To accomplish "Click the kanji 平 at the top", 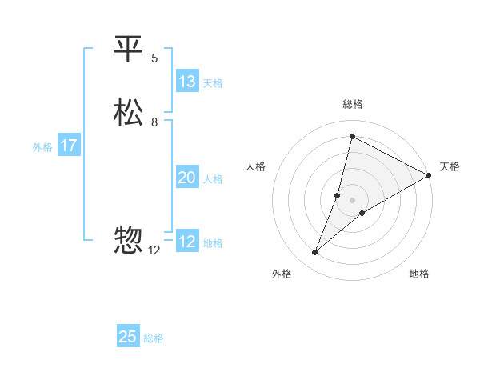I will (129, 50).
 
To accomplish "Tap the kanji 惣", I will (129, 241).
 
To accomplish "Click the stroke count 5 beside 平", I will (154, 58).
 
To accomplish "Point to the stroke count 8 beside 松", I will (154, 122).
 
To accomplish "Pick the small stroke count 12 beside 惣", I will (154, 250).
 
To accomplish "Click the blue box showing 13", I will (186, 82).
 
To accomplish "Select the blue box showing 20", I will (186, 178).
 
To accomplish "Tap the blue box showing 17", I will (69, 146).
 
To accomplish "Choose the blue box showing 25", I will (128, 337).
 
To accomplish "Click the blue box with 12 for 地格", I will (186, 242).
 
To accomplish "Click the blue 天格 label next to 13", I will (213, 83).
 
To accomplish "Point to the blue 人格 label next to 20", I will (213, 179).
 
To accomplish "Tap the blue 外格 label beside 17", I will (42, 147).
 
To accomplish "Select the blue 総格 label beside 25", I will (154, 338).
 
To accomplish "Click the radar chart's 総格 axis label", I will (353, 104).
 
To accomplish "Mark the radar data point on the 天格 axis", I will (429, 177).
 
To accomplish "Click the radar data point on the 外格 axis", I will (315, 253).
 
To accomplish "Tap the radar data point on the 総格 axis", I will (352, 137).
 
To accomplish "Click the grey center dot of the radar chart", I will (353, 199).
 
